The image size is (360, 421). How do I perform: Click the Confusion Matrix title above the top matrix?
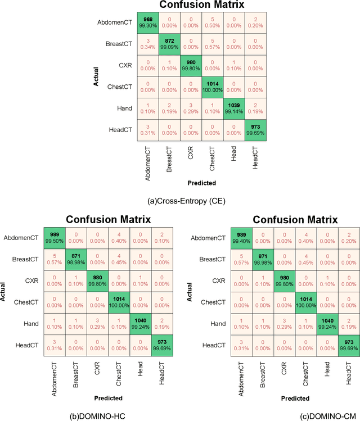pyautogui.click(x=201, y=5)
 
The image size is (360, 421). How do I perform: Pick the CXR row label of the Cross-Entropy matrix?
pyautogui.click(x=125, y=65)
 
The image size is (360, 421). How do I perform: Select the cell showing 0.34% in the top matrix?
pyautogui.click(x=148, y=43)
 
